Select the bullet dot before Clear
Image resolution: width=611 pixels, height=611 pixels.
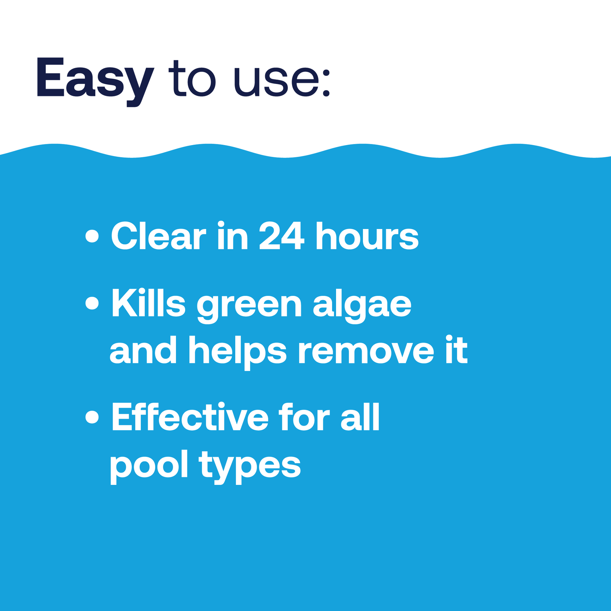coord(92,236)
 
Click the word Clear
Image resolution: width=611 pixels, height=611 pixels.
coord(159,236)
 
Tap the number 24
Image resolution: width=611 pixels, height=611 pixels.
coord(281,236)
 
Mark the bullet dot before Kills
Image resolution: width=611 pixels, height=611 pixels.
coord(92,303)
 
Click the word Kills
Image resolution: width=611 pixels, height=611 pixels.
coord(148,304)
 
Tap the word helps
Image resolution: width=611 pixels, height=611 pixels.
coord(237,351)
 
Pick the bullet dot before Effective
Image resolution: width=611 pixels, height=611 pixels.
coord(92,417)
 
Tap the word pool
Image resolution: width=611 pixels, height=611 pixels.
coord(149,466)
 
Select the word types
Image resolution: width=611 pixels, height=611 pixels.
coord(250,466)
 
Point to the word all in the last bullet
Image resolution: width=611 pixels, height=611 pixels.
coord(360,418)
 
